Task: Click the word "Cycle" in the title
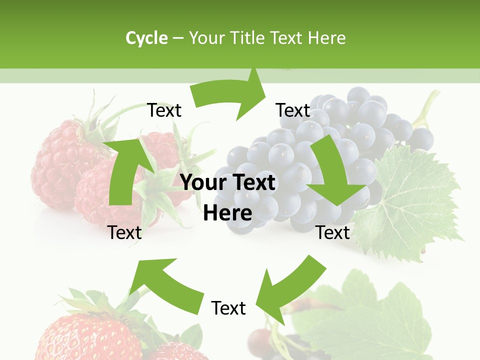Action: [146, 38]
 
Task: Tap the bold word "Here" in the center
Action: [227, 213]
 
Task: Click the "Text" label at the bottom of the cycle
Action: [228, 308]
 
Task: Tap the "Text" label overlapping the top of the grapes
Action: [293, 110]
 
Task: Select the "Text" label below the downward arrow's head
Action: [333, 232]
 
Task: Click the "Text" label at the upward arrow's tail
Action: [124, 232]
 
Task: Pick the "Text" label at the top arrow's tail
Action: [164, 110]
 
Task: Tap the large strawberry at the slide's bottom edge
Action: [90, 335]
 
